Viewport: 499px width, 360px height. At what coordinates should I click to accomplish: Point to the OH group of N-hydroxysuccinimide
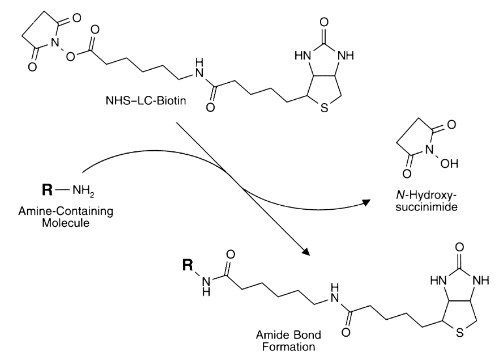point(441,162)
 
